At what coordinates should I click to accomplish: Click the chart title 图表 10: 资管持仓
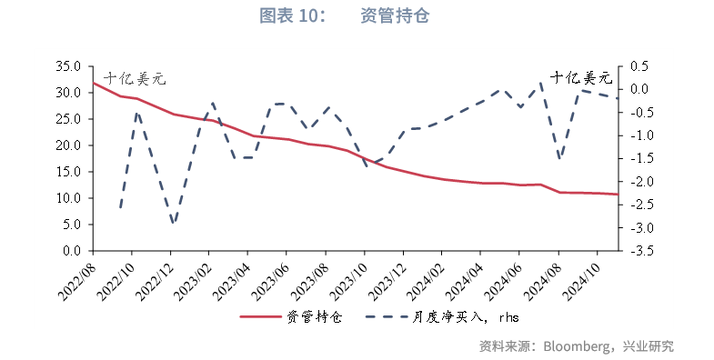pos(357,16)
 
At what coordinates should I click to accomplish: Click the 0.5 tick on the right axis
pos(639,66)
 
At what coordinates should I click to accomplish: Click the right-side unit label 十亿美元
pos(583,77)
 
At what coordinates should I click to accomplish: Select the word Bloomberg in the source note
pos(577,346)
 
